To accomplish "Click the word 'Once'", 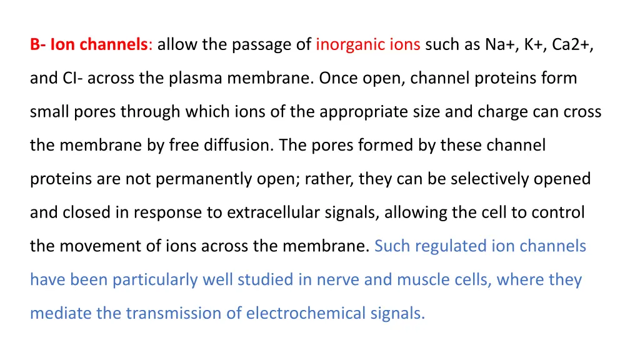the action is tap(338, 79).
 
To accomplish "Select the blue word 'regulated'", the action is tap(452, 246).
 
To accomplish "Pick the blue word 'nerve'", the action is tap(337, 280).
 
